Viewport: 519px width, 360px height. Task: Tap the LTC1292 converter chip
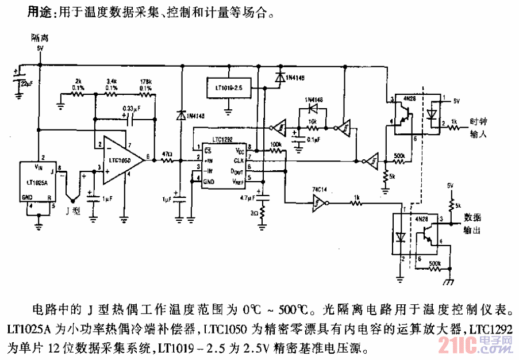pyautogui.click(x=222, y=164)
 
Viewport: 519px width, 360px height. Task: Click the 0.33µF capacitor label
pyautogui.click(x=132, y=108)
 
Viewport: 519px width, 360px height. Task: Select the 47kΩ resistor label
pyautogui.click(x=167, y=155)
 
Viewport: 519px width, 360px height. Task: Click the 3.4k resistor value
pyautogui.click(x=113, y=81)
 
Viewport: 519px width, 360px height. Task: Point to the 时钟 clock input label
pyautogui.click(x=478, y=121)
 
